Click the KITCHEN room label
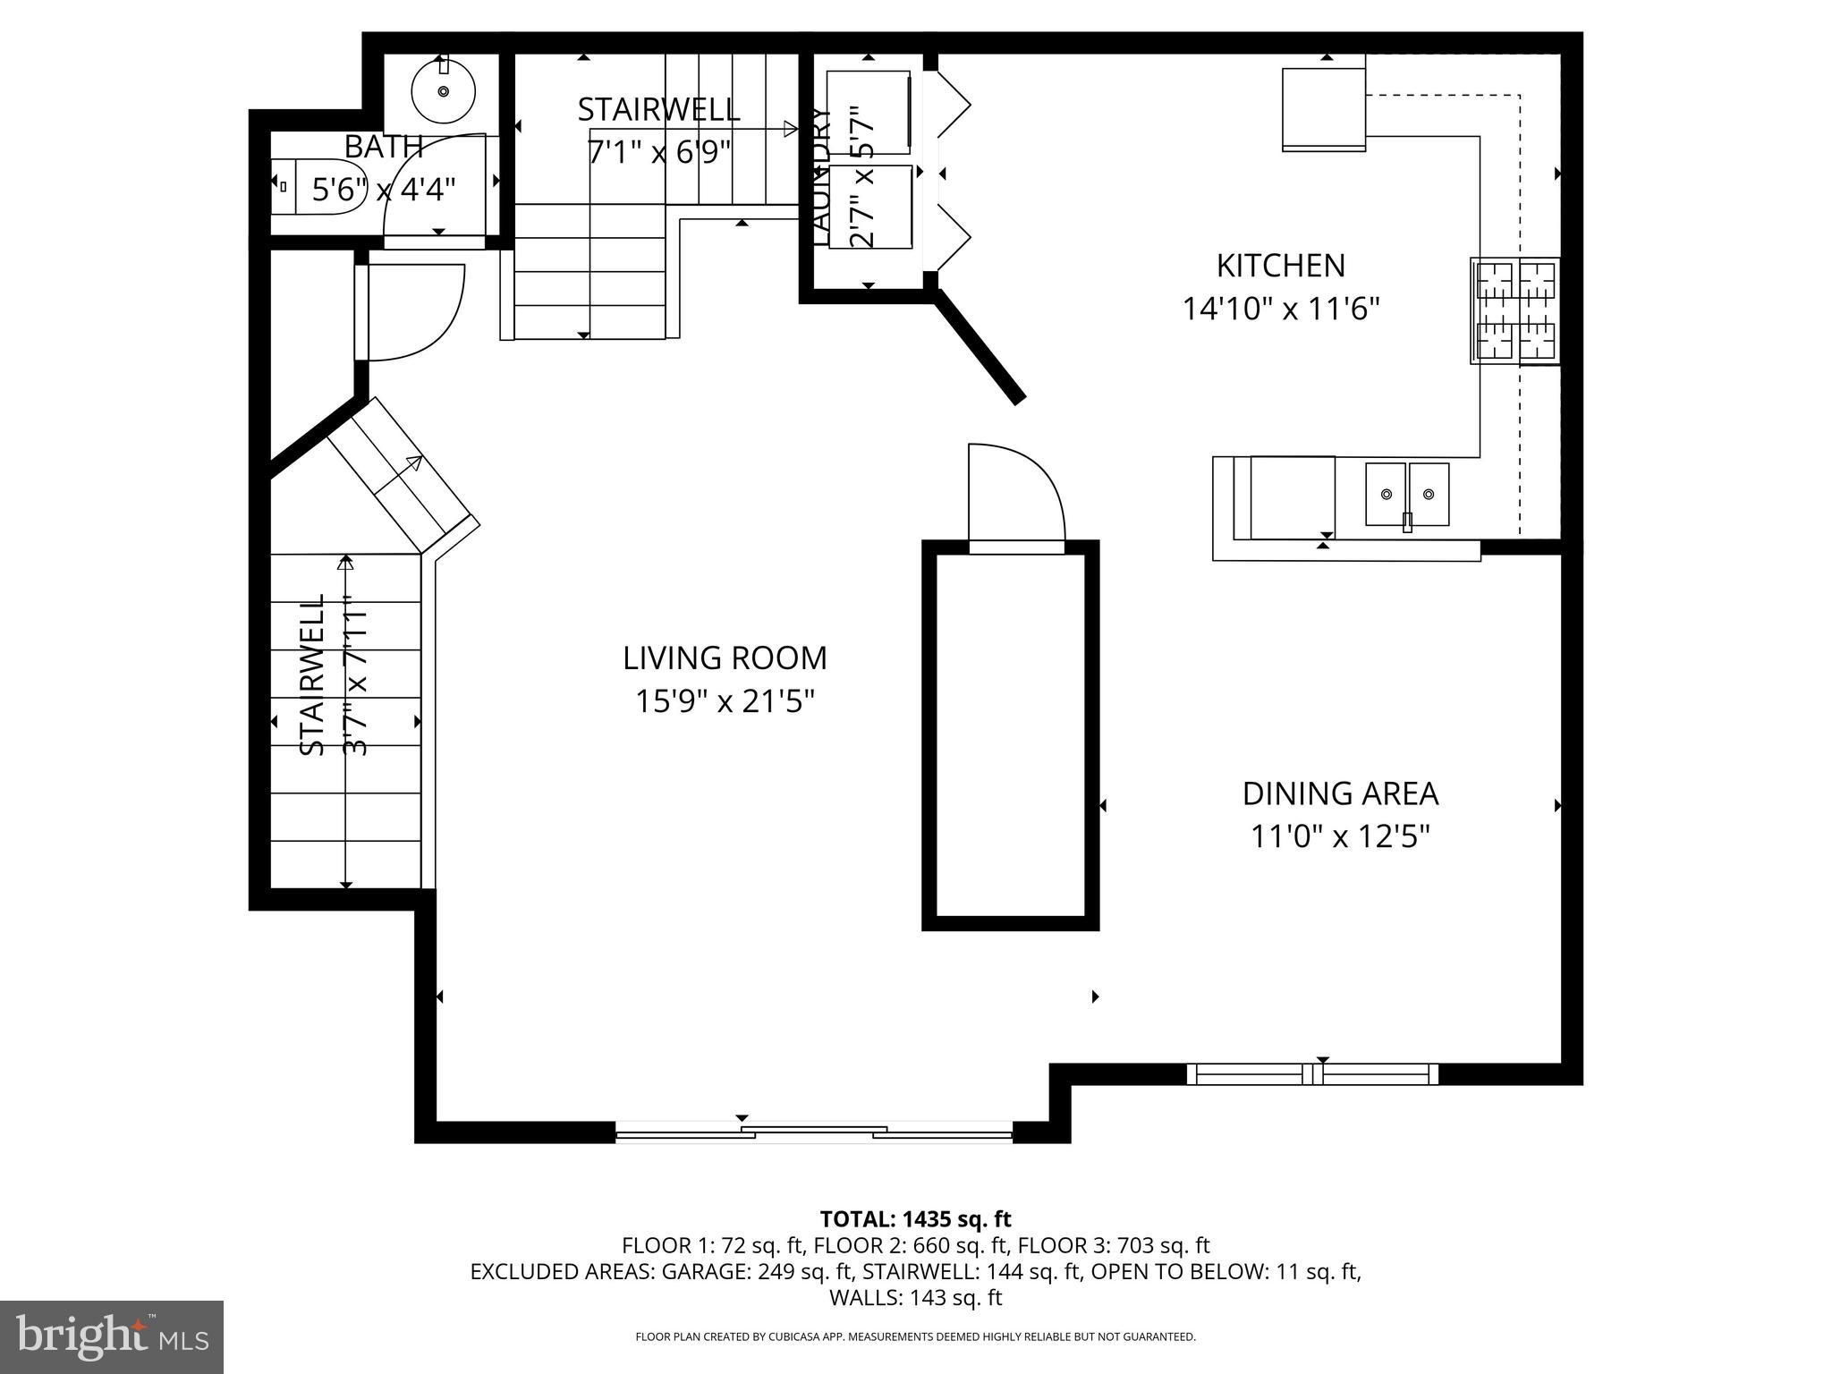1280,266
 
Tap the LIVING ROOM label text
725,658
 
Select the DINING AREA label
1340,793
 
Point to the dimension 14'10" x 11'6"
1280,310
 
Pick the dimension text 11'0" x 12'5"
1340,837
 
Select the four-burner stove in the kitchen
1515,310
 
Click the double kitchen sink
1406,494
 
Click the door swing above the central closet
1015,494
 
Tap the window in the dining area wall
1312,1074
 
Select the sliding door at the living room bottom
814,1134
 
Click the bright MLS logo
112,1336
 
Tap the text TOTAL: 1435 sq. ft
915,1218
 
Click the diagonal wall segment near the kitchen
980,350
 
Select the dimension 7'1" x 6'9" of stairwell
659,151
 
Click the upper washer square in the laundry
868,111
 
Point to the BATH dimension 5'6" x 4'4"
384,190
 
